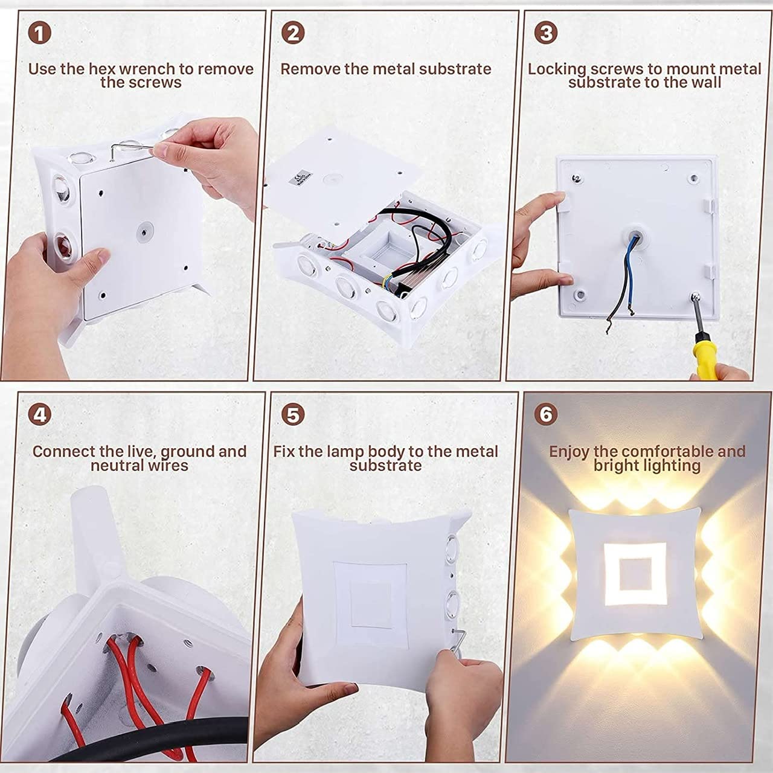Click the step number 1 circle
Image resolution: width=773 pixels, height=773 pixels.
pyautogui.click(x=39, y=33)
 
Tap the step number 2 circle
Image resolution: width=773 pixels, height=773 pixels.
pyautogui.click(x=293, y=33)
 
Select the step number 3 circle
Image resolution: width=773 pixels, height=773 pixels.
pyautogui.click(x=546, y=33)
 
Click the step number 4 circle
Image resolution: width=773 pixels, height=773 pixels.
pyautogui.click(x=39, y=415)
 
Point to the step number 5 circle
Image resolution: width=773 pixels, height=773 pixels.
pyautogui.click(x=293, y=415)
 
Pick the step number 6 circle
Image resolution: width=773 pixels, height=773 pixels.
pyautogui.click(x=546, y=415)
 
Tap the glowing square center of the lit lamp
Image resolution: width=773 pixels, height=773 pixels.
pyautogui.click(x=635, y=574)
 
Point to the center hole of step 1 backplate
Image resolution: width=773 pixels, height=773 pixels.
pyautogui.click(x=143, y=231)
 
